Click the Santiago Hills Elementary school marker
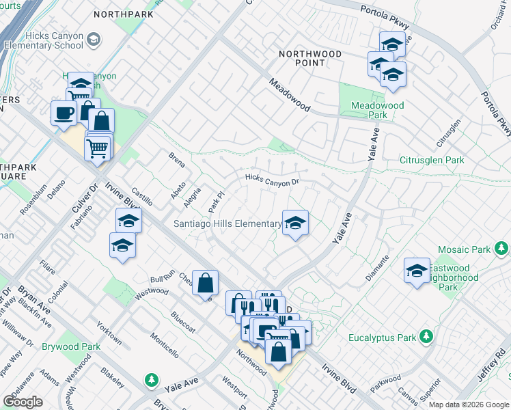[295, 223]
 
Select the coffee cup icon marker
[64, 112]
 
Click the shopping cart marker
[98, 146]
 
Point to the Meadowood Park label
[377, 110]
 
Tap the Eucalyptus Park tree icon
[427, 337]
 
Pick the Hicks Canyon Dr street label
[273, 181]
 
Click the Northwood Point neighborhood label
[301, 57]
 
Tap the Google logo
[23, 402]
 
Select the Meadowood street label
[290, 96]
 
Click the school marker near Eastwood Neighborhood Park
[417, 270]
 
